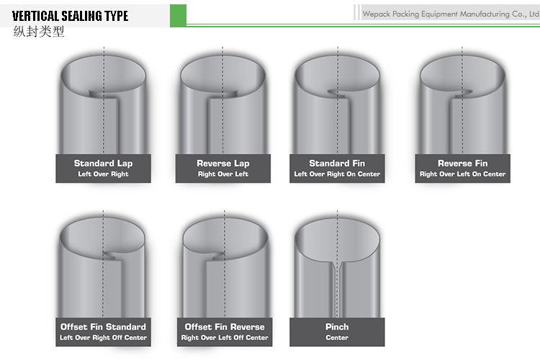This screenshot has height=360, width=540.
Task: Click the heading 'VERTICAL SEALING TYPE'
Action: [70, 16]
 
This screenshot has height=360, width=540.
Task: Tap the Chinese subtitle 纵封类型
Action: [39, 32]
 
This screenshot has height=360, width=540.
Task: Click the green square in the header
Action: [178, 16]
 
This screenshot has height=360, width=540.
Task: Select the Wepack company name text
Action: [451, 14]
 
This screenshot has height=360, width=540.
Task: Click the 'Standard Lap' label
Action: [103, 163]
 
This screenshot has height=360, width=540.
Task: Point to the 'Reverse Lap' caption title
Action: [222, 163]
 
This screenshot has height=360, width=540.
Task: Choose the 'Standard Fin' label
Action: [337, 163]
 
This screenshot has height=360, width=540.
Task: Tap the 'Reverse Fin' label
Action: [462, 163]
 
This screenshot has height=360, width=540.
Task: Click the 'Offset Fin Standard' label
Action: [103, 327]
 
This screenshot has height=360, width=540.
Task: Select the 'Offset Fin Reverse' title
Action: [225, 327]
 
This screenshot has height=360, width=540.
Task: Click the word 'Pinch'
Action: [337, 327]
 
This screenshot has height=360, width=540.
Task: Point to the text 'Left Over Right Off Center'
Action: [103, 338]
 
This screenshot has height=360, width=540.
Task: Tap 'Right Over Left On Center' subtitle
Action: [462, 174]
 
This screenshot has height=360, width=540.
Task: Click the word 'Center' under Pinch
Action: [337, 338]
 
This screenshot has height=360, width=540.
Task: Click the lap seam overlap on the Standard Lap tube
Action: [103, 94]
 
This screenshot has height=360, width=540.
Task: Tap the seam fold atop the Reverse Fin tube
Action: [462, 94]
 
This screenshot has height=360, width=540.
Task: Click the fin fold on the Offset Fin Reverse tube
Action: [216, 256]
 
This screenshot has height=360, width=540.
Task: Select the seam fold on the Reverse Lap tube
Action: [222, 95]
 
